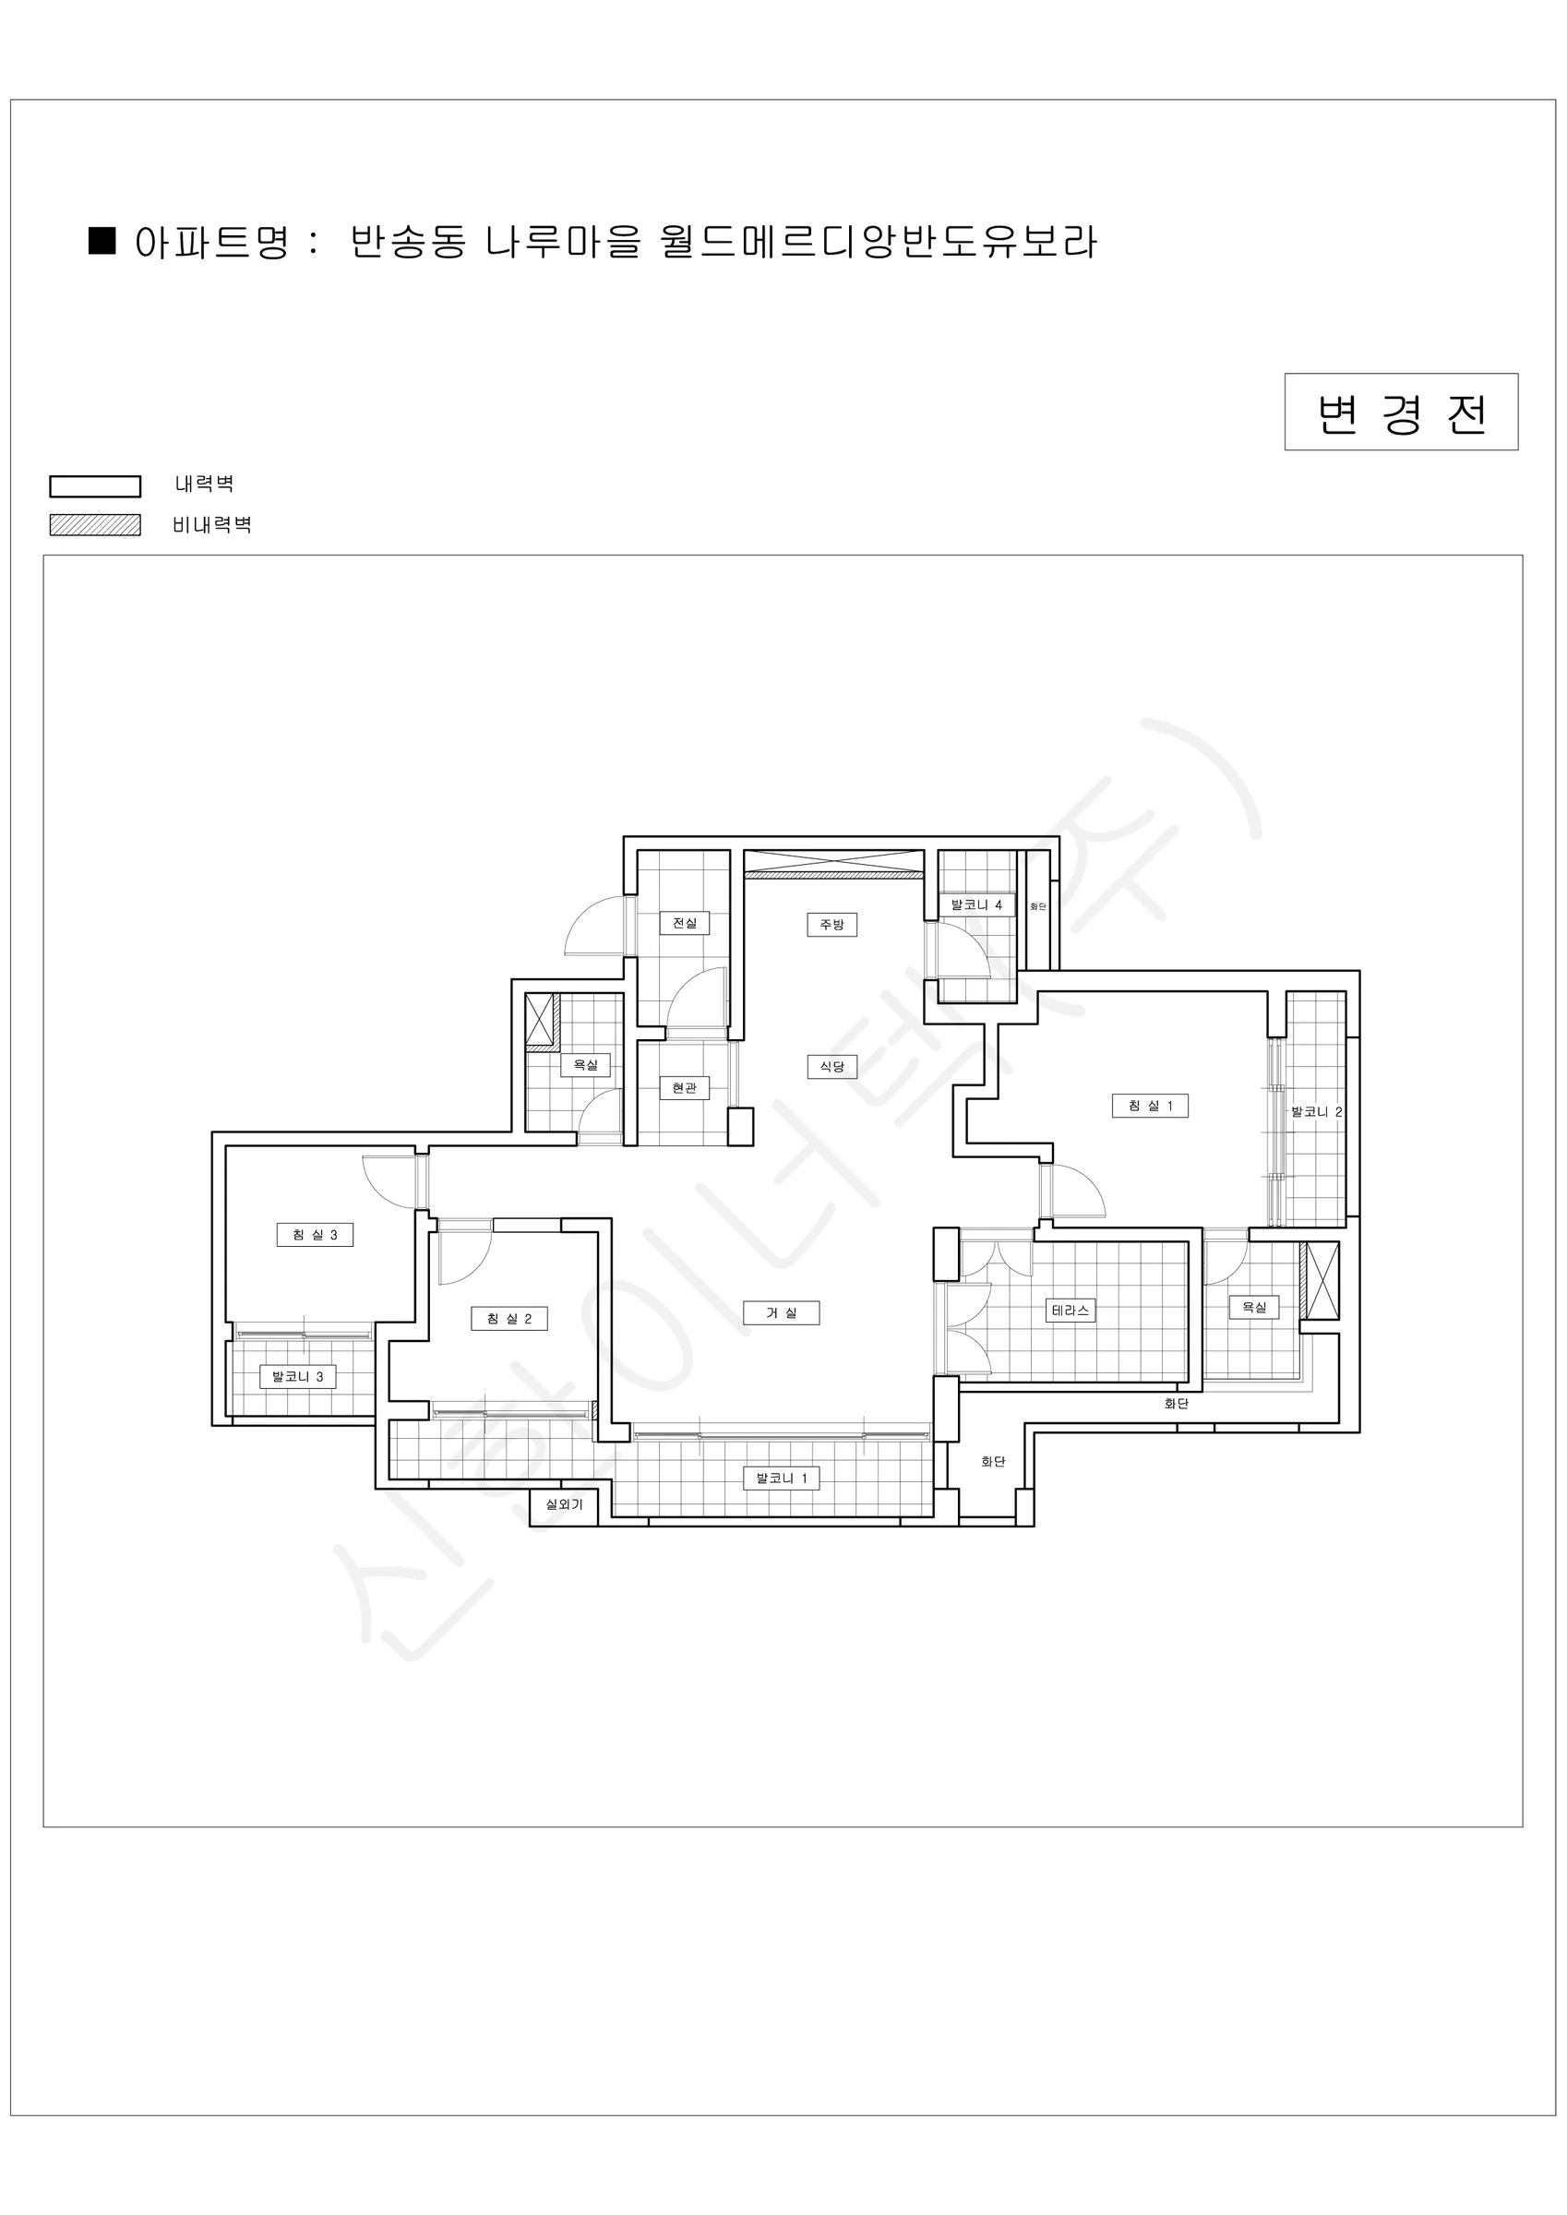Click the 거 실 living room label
[x=782, y=1313]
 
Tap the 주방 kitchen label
[x=831, y=924]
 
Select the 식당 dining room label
[x=831, y=1066]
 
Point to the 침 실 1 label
[x=1150, y=1106]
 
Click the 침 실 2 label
[x=509, y=1319]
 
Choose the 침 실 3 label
[x=315, y=1235]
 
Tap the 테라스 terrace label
[x=1071, y=1311]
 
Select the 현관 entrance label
[x=684, y=1088]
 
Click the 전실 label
[x=684, y=922]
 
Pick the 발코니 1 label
[x=782, y=1478]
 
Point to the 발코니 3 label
[x=297, y=1377]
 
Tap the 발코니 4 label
[x=976, y=904]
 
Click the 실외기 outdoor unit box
[x=565, y=1505]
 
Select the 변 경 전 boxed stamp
[x=1401, y=412]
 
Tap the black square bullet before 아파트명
[x=102, y=240]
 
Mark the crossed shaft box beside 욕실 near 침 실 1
[x=1321, y=1280]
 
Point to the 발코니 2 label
[x=1316, y=1111]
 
